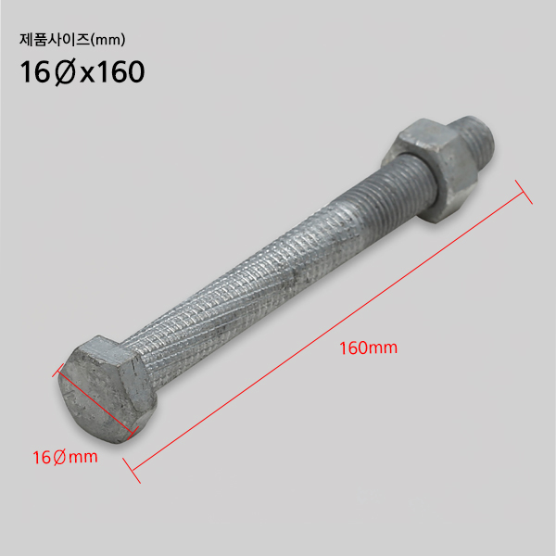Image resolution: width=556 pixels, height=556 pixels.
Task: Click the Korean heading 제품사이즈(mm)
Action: click(x=72, y=40)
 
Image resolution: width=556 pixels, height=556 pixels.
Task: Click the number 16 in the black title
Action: click(x=35, y=72)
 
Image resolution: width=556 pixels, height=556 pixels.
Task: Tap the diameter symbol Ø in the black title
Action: click(x=65, y=72)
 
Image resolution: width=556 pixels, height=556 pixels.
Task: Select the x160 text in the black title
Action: click(x=112, y=72)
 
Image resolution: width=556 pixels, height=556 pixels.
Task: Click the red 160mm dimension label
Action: click(x=369, y=347)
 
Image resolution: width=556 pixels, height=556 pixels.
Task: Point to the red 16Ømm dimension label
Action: click(x=65, y=457)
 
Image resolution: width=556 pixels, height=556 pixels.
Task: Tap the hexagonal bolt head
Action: click(x=107, y=389)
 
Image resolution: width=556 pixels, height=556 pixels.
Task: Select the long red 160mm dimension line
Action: click(x=327, y=332)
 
